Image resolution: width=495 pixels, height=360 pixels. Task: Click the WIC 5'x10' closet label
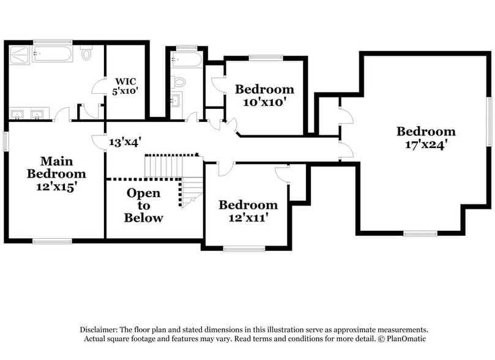point(127,85)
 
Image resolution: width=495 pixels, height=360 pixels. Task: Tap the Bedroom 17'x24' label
point(426,138)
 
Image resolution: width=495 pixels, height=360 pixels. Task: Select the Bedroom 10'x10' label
point(264,96)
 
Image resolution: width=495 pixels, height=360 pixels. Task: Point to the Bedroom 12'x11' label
point(248,211)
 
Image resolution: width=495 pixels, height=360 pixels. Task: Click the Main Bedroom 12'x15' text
point(56,174)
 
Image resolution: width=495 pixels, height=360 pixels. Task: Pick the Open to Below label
point(143,205)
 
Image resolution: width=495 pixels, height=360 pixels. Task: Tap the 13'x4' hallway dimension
point(125,142)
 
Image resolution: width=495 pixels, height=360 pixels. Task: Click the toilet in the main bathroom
point(86,54)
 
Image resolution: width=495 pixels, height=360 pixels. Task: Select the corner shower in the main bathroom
point(20,55)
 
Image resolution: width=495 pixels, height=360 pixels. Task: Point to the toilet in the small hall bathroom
point(179,81)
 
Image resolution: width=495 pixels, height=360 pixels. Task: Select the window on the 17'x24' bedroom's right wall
point(489,122)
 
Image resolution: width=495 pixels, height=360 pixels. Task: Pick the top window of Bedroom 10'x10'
point(265,58)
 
